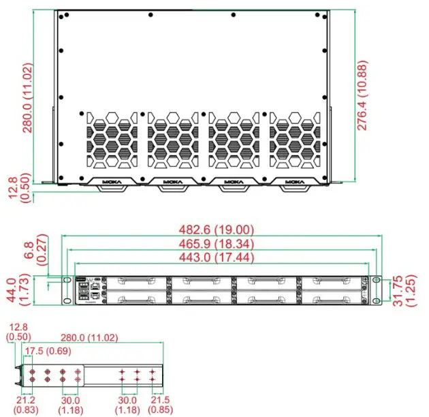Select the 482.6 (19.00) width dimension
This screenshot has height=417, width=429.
(221, 230)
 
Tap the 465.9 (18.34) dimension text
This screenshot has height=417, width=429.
(221, 243)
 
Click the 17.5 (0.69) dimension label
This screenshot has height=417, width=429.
(48, 350)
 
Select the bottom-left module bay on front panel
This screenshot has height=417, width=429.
(136, 297)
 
